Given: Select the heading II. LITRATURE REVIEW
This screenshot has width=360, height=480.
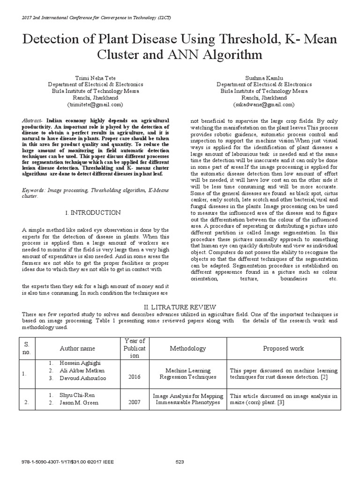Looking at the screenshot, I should pos(180,306).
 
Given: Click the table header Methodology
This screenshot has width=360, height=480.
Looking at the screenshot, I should pos(187,348).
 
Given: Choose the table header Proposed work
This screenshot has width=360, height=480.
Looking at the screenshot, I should pos(283,348).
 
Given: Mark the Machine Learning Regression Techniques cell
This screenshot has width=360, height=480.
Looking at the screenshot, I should pos(187,374).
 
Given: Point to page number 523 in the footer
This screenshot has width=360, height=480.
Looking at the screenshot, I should pos(180,462).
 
